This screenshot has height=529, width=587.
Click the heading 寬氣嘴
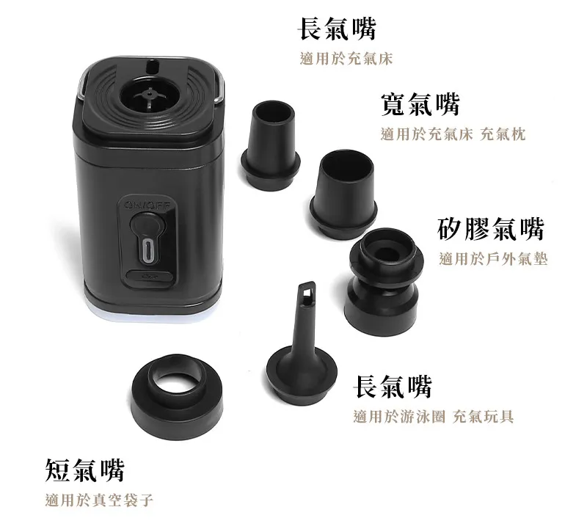coord(420,104)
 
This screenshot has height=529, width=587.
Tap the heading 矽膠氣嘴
coord(490,228)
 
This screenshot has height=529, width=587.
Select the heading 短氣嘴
coord(84,470)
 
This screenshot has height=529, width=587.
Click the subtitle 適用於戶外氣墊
coord(493,259)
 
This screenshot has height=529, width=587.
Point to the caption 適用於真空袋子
coord(99,500)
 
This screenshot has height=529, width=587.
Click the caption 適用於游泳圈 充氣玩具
coord(434,416)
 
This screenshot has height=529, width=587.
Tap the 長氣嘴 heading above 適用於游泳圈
coord(393,387)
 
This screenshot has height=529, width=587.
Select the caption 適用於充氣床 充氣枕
coord(453,134)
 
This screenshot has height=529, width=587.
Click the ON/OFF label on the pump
coord(148,205)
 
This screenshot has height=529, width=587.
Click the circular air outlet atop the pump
coord(149,96)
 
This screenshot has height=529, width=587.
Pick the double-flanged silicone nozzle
coord(384,281)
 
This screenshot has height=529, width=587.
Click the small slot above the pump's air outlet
coord(151,66)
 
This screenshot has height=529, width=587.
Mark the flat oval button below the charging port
coord(150,277)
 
